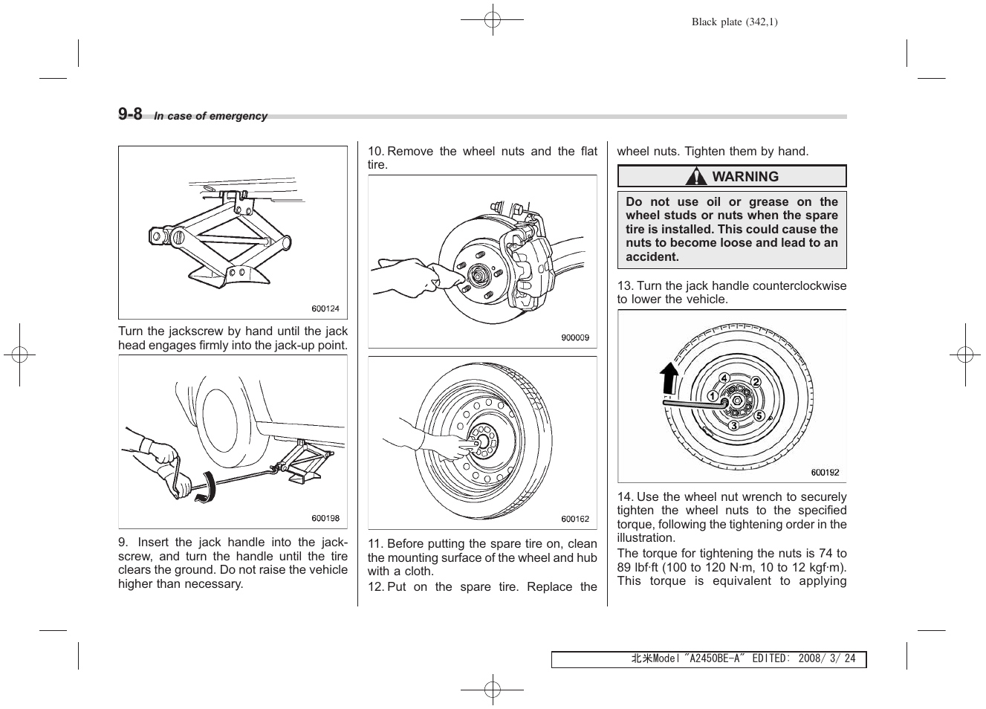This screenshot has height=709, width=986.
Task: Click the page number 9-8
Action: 130,114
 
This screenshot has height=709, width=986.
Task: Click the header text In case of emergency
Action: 210,117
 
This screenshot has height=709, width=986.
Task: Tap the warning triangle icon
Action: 696,177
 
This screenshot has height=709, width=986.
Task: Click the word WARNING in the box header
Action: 745,177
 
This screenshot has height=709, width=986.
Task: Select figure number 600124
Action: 325,308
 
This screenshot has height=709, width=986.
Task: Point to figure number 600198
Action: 325,519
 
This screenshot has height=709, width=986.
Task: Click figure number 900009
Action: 574,337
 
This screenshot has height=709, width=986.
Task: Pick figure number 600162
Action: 574,519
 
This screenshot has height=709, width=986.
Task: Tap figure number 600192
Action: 824,473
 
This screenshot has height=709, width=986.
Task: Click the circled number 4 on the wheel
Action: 724,378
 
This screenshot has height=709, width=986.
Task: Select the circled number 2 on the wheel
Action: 756,382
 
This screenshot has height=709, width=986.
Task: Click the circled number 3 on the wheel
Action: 733,426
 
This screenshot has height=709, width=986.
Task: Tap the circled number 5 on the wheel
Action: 759,415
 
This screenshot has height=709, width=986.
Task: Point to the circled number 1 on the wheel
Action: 712,397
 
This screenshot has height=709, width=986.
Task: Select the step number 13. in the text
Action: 625,286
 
